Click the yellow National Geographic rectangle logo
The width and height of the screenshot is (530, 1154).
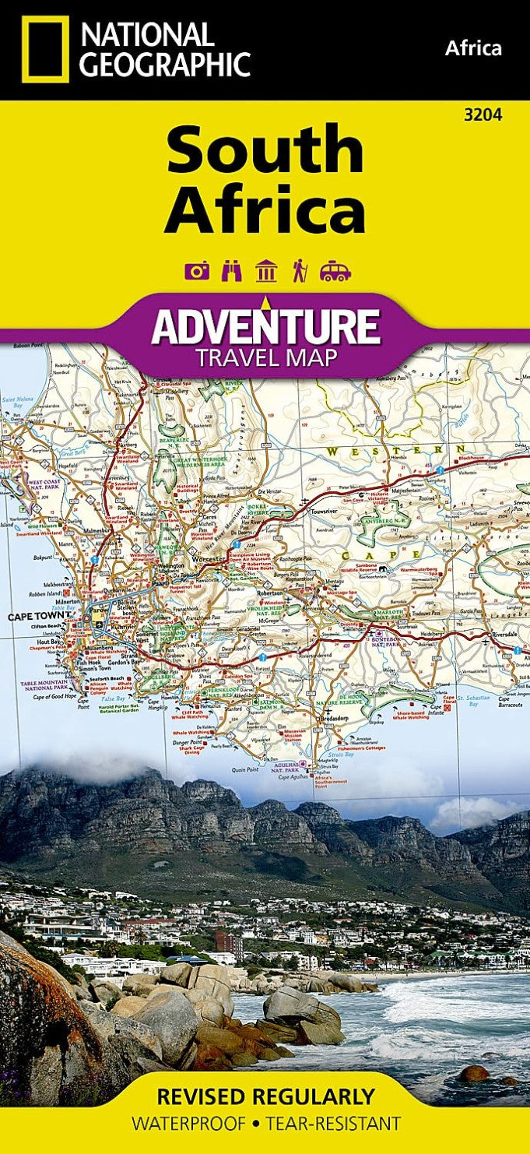click(x=45, y=49)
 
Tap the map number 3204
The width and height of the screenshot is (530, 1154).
click(x=483, y=115)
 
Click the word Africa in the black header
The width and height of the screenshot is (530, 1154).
click(x=473, y=48)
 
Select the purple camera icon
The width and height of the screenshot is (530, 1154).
click(x=197, y=271)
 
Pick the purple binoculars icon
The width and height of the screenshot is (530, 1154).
click(x=232, y=271)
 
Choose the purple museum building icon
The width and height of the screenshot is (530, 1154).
click(x=266, y=271)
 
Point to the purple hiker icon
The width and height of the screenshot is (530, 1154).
click(x=300, y=271)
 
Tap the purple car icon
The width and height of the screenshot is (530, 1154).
click(x=335, y=271)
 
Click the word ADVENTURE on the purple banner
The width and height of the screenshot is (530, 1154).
click(x=265, y=326)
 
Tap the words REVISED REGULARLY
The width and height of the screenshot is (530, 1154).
click(x=265, y=1096)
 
